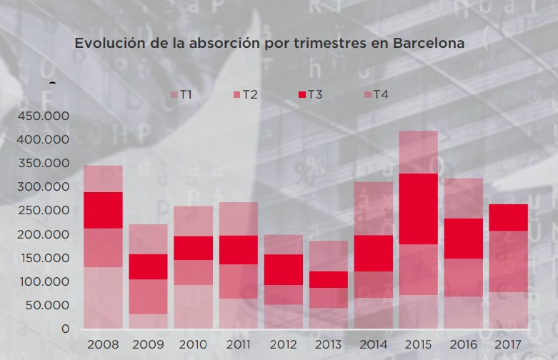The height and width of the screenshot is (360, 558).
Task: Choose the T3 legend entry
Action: pyautogui.click(x=310, y=94)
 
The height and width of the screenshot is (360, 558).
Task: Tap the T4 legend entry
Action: pyautogui.click(x=376, y=94)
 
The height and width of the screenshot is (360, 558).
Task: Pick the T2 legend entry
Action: pyautogui.click(x=246, y=94)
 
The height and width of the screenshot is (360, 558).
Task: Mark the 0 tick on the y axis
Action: pyautogui.click(x=65, y=329)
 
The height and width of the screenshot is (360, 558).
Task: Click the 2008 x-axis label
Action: pyautogui.click(x=103, y=345)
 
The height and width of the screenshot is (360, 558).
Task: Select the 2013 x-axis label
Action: pyautogui.click(x=329, y=345)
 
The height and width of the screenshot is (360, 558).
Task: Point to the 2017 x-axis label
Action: pyautogui.click(x=508, y=345)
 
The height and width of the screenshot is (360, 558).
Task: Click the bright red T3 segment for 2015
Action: pyautogui.click(x=418, y=209)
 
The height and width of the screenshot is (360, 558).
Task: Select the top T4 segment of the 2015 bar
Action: pyautogui.click(x=418, y=151)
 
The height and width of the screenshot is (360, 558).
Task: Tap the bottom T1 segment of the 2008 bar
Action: pyautogui.click(x=103, y=298)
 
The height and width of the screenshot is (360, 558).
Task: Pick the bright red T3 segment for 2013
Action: pyautogui.click(x=329, y=279)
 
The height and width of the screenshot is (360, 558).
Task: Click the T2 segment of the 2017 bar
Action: pyautogui.click(x=508, y=261)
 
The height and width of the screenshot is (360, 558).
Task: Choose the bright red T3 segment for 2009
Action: pyautogui.click(x=148, y=266)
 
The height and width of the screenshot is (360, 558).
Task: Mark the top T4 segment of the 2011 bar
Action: pyautogui.click(x=238, y=219)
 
